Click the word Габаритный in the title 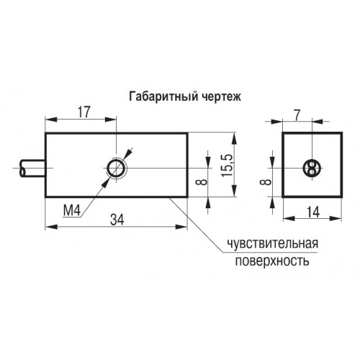pyautogui.click(x=163, y=97)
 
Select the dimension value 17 pyautogui.click(x=84, y=112)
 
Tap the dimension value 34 pyautogui.click(x=117, y=220)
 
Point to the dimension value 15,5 pyautogui.click(x=228, y=166)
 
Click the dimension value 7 pyautogui.click(x=297, y=116)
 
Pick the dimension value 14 pyautogui.click(x=313, y=212)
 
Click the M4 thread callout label pyautogui.click(x=71, y=211)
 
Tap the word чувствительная pyautogui.click(x=273, y=244)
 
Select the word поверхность pyautogui.click(x=272, y=261)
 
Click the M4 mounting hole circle pyautogui.click(x=117, y=168)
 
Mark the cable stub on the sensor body pyautogui.click(x=33, y=168)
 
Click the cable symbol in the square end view pyautogui.click(x=312, y=168)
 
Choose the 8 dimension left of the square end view pyautogui.click(x=266, y=181)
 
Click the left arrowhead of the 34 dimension pyautogui.click(x=51, y=227)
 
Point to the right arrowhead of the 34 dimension pyautogui.click(x=181, y=227)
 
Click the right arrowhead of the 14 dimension pyautogui.click(x=336, y=218)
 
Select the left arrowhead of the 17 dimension pyautogui.click(x=51, y=120)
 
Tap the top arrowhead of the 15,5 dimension pyautogui.click(x=235, y=138)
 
